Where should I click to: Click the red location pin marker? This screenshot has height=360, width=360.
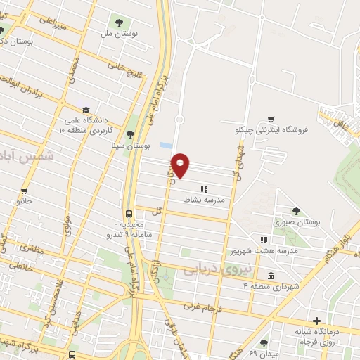181,165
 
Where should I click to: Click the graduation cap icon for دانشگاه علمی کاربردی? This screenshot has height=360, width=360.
86,110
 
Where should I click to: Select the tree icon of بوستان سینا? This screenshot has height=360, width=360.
129,134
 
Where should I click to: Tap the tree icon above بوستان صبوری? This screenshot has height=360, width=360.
296,210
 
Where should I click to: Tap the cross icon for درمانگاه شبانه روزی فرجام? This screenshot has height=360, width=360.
317,320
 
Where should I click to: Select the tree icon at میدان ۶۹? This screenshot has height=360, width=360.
264,342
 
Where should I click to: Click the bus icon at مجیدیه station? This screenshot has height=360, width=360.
129,214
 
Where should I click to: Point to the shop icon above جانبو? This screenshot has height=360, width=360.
25,191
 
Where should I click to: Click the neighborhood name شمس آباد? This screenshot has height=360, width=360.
27,153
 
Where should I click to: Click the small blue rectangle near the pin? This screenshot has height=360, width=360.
165,145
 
